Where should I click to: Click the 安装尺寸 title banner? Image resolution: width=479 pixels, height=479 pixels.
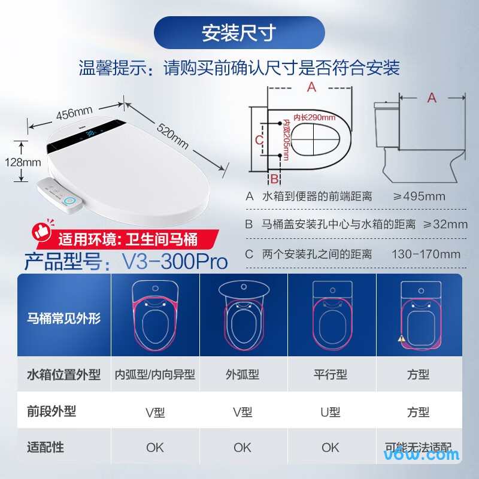239,33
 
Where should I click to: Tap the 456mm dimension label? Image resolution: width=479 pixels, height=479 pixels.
74,113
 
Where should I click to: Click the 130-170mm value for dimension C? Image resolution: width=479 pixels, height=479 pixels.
426,254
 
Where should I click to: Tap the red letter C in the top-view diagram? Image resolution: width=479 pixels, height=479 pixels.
259,140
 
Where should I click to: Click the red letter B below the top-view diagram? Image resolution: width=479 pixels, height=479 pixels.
274,178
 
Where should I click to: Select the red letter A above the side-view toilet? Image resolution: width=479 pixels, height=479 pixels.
432,98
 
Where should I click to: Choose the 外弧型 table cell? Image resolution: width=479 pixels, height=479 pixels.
242,375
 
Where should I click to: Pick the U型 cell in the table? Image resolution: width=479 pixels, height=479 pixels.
331,412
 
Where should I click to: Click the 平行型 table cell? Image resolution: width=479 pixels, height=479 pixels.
331,375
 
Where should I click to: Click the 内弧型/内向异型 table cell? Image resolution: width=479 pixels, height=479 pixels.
155,375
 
